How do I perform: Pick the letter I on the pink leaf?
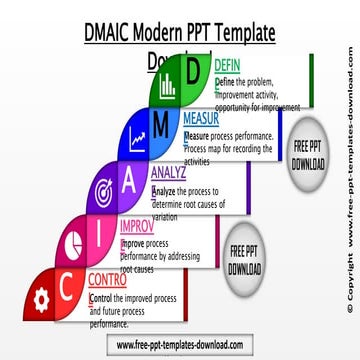click(x=96, y=235)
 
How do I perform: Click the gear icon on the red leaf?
click(x=41, y=296)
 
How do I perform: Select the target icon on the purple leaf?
click(x=102, y=189)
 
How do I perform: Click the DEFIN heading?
click(x=228, y=66)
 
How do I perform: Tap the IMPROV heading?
click(x=136, y=226)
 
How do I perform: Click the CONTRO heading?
click(x=107, y=280)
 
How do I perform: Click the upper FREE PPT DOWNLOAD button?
click(x=307, y=153)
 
